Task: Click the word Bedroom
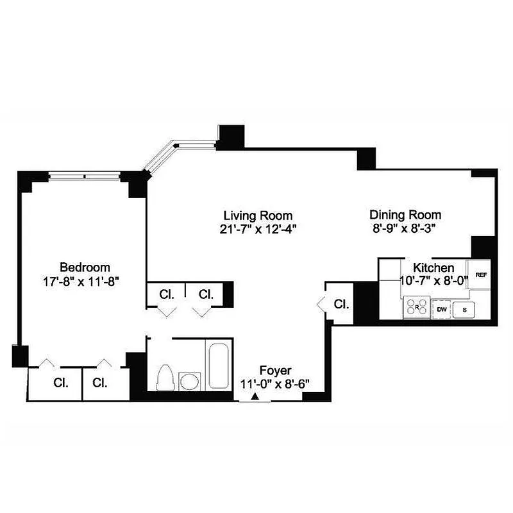point(85,267)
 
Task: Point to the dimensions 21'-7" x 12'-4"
point(258,228)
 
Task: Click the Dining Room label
point(405,215)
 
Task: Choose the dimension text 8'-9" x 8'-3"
point(405,228)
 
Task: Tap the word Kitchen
point(433,267)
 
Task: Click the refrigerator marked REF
point(481,274)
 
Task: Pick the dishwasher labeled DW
point(441,309)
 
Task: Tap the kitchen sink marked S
point(464,309)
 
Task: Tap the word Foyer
point(275,371)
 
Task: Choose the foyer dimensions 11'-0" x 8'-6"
point(275,384)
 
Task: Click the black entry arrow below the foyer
point(255,398)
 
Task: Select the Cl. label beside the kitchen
point(342,304)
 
